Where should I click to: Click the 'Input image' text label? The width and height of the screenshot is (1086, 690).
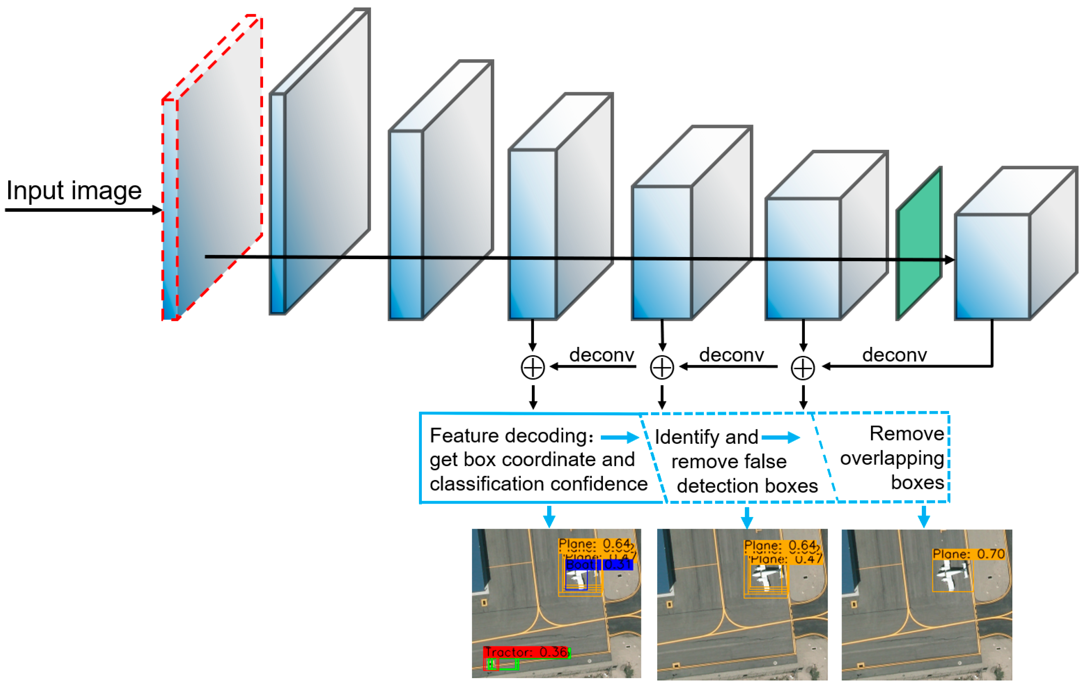tap(74, 190)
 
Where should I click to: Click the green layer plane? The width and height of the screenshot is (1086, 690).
tap(919, 244)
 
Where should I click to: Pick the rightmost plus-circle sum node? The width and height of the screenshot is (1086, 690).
tap(803, 368)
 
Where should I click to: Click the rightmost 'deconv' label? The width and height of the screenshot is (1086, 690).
tap(895, 355)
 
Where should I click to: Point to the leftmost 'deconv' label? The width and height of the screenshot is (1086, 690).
tap(602, 355)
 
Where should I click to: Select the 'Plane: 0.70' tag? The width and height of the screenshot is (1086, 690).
tap(969, 554)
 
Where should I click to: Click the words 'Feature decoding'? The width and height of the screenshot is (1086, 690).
tap(508, 435)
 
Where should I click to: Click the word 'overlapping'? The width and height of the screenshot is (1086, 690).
tap(892, 459)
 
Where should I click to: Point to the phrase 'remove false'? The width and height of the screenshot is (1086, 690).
tap(729, 462)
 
